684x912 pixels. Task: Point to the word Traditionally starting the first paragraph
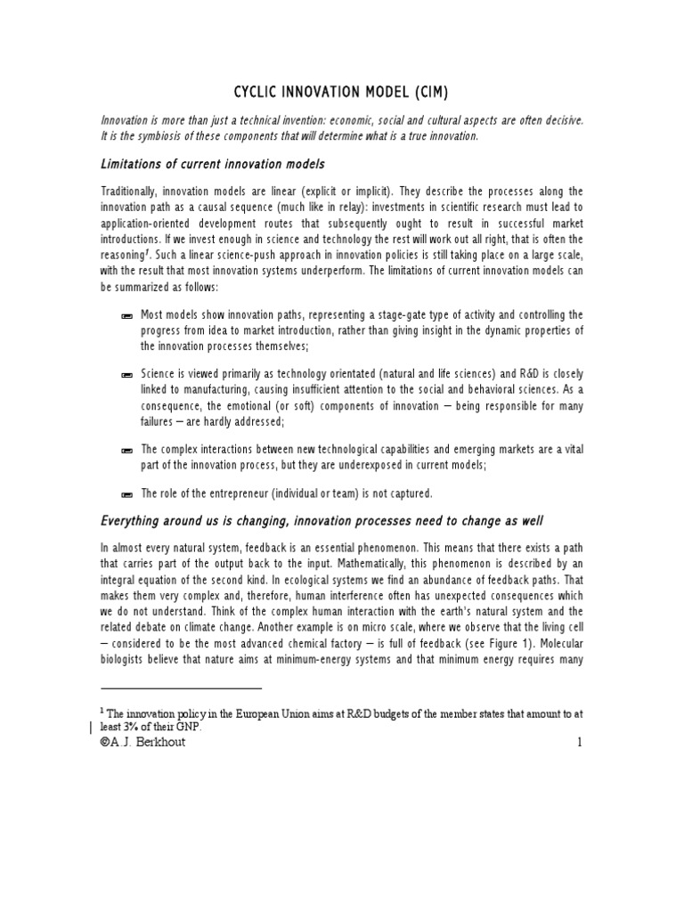pos(134,192)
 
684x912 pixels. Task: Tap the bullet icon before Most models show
pos(126,316)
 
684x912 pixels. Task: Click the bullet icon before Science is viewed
pos(126,375)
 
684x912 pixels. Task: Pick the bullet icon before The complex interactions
pos(126,450)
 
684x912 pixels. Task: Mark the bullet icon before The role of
pos(126,493)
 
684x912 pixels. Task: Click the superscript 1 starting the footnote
pos(102,712)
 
